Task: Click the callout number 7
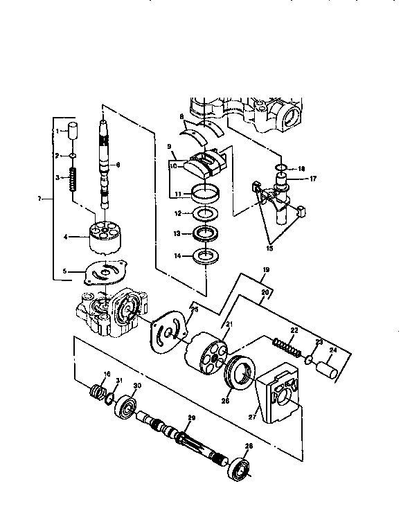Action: click(x=41, y=199)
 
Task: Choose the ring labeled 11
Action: click(x=206, y=193)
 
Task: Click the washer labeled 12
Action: click(x=206, y=214)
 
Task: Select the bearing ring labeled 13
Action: click(x=206, y=233)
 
